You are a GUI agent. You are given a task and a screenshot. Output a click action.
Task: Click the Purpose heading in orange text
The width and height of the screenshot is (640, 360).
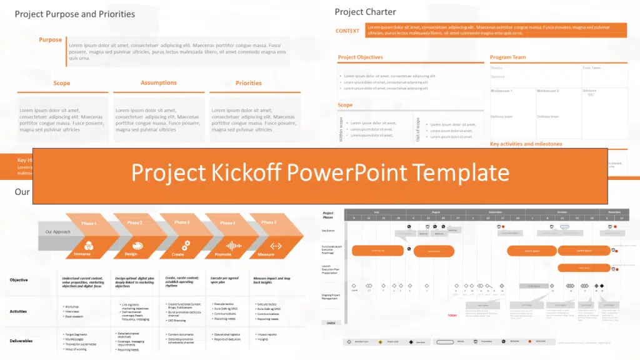(x=51, y=40)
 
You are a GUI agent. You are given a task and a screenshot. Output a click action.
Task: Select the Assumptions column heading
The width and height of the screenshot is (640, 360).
(x=159, y=82)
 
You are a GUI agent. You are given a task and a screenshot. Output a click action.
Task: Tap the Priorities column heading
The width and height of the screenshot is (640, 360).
(x=248, y=83)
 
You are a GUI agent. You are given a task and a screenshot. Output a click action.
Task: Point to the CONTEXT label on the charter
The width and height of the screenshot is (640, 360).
(x=347, y=31)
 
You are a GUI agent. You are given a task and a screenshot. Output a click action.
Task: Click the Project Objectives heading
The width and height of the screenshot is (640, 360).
(x=360, y=57)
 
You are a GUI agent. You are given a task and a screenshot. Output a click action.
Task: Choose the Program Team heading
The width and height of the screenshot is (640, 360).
(x=507, y=57)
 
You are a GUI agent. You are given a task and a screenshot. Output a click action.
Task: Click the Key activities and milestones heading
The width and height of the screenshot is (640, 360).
(x=526, y=144)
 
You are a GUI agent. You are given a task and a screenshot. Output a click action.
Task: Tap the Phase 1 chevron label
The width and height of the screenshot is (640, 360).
(x=89, y=223)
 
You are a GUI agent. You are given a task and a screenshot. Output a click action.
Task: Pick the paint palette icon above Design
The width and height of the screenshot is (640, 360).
(x=131, y=244)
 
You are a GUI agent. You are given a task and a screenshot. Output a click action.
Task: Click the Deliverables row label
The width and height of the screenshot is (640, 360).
(x=21, y=341)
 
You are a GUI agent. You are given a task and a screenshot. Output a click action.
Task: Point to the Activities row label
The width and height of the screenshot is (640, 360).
(x=18, y=311)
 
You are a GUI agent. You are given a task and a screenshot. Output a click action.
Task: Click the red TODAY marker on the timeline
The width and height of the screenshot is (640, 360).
(x=452, y=315)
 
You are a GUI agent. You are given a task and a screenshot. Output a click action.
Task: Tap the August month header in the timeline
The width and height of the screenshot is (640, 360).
(x=436, y=212)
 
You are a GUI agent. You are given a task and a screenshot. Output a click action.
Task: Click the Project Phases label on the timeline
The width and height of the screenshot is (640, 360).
(x=328, y=216)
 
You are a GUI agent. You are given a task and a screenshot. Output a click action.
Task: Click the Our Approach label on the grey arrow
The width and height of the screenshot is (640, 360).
(x=57, y=232)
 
